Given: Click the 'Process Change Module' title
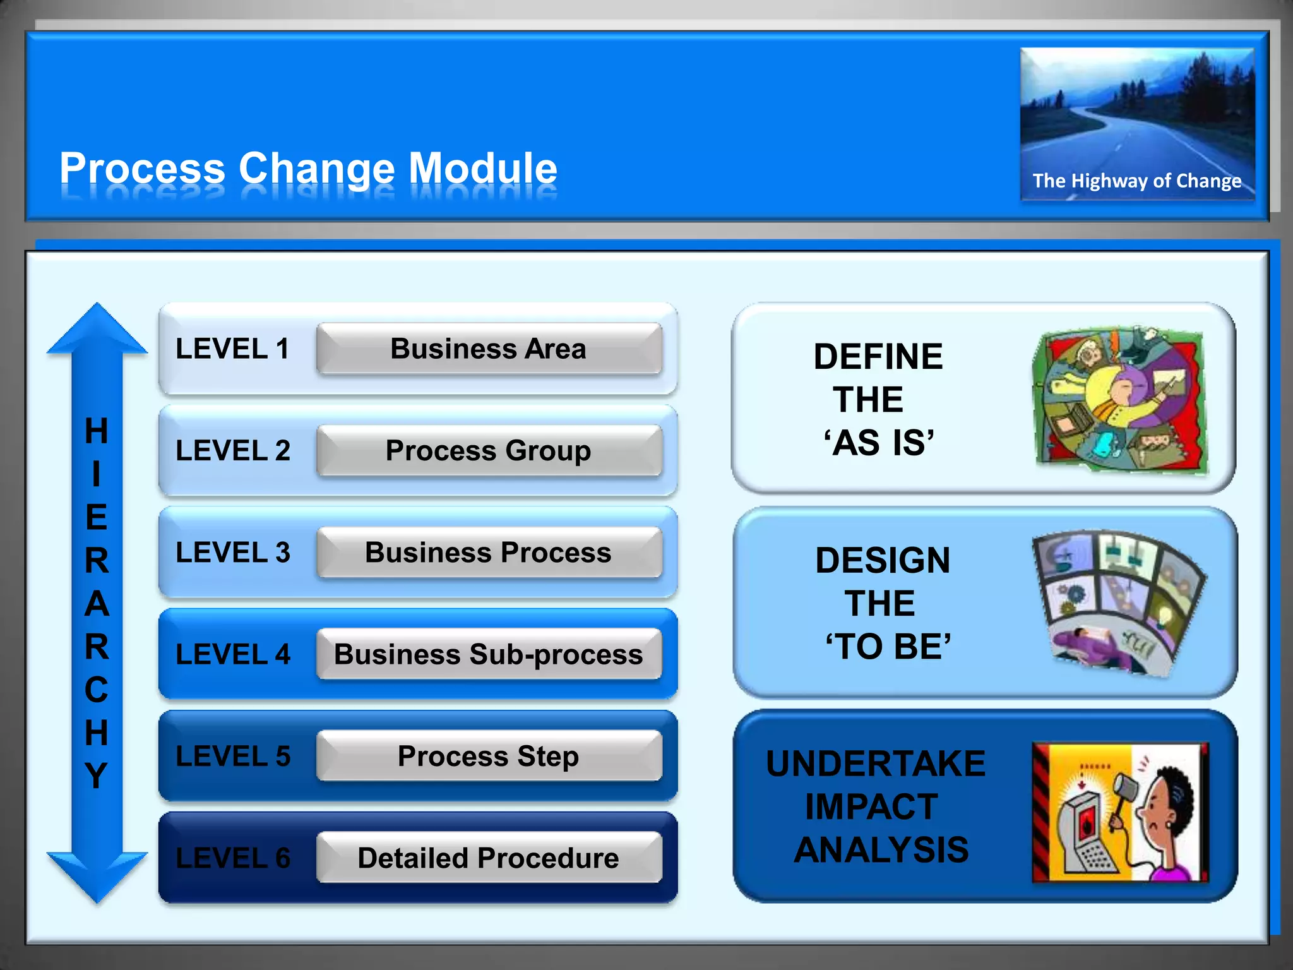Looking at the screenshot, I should [308, 169].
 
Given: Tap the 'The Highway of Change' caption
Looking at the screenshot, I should [1136, 181].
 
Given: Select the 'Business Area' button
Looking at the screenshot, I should [489, 349].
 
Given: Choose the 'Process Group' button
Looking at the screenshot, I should [489, 451].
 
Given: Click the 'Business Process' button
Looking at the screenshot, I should [489, 553].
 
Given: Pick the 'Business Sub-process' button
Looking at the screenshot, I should [489, 654].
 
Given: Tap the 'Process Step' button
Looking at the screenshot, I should [489, 756].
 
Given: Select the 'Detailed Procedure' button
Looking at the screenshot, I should [489, 858].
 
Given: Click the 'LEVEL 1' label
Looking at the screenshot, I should [232, 349].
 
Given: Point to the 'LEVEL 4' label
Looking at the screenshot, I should [233, 654].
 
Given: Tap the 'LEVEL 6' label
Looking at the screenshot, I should [233, 858].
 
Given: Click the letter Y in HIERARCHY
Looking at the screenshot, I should [97, 775].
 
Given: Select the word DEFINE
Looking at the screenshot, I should [878, 357].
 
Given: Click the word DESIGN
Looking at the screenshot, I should [883, 561].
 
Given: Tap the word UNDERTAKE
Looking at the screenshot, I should [876, 763].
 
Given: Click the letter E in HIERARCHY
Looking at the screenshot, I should [97, 518].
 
